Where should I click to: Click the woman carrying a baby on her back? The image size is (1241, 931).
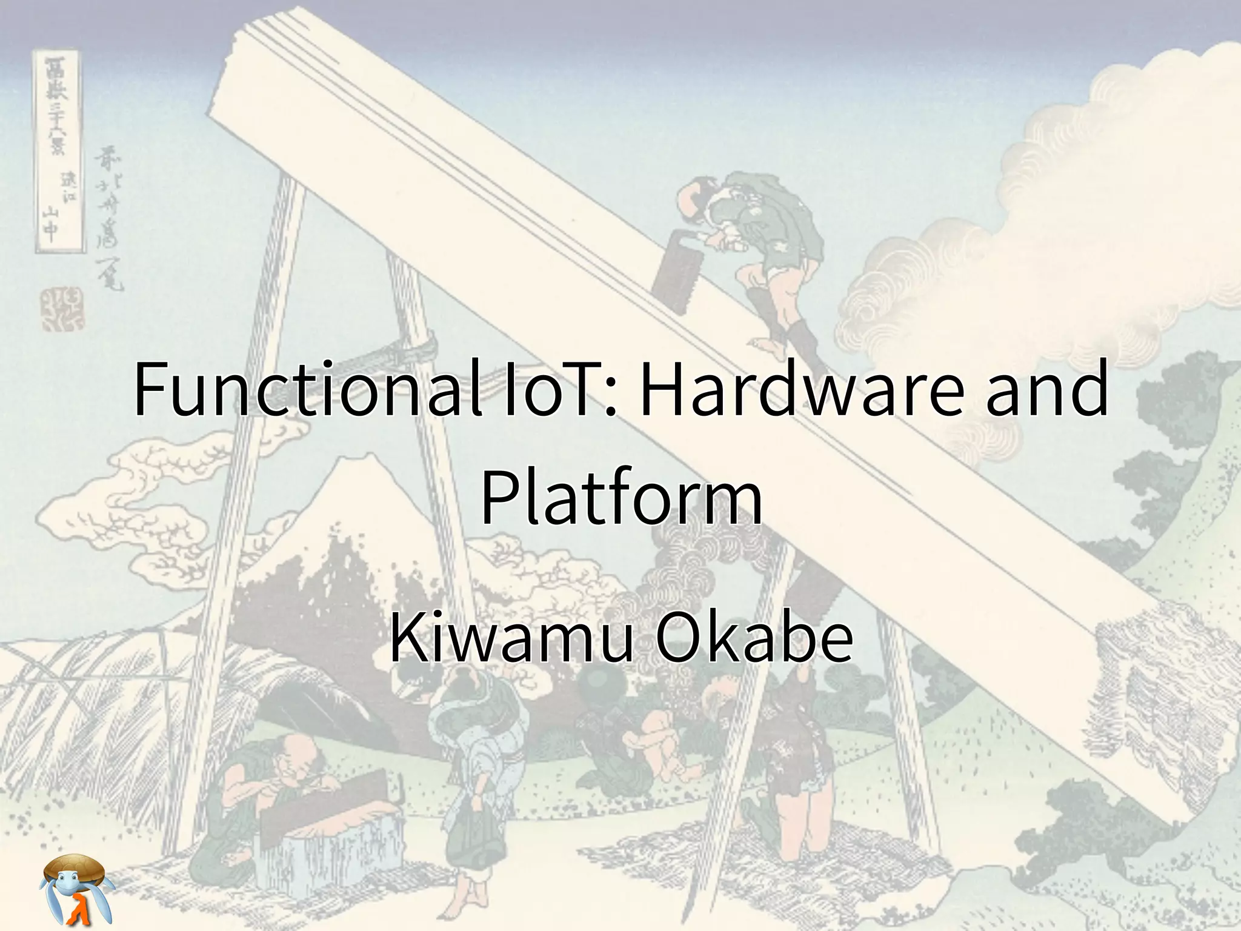[x=479, y=758]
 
